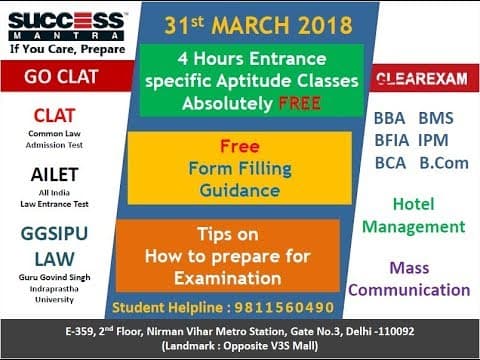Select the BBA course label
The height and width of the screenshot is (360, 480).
coord(390,118)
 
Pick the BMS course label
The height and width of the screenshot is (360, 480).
coord(436,118)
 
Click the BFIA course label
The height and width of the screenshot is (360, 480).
coord(393,140)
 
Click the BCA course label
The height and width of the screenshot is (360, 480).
coord(390,163)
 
